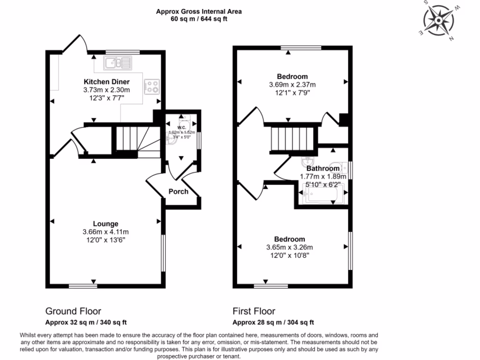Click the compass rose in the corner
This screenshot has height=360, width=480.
click(x=439, y=20)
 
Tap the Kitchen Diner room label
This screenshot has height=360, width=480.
click(x=106, y=82)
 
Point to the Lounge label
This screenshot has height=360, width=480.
click(x=105, y=224)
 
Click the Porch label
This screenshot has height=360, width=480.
click(x=178, y=191)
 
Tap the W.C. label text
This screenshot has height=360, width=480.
click(x=182, y=127)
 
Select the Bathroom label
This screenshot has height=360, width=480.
click(x=323, y=168)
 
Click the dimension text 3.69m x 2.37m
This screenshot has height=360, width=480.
click(x=292, y=85)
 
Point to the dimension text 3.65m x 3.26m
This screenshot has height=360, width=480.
click(x=289, y=247)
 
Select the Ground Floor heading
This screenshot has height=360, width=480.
click(x=73, y=311)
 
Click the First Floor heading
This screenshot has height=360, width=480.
click(x=254, y=311)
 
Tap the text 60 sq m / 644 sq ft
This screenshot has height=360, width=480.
click(x=199, y=19)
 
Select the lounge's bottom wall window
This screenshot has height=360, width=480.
click(x=83, y=285)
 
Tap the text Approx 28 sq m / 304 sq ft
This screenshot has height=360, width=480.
click(x=273, y=322)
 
